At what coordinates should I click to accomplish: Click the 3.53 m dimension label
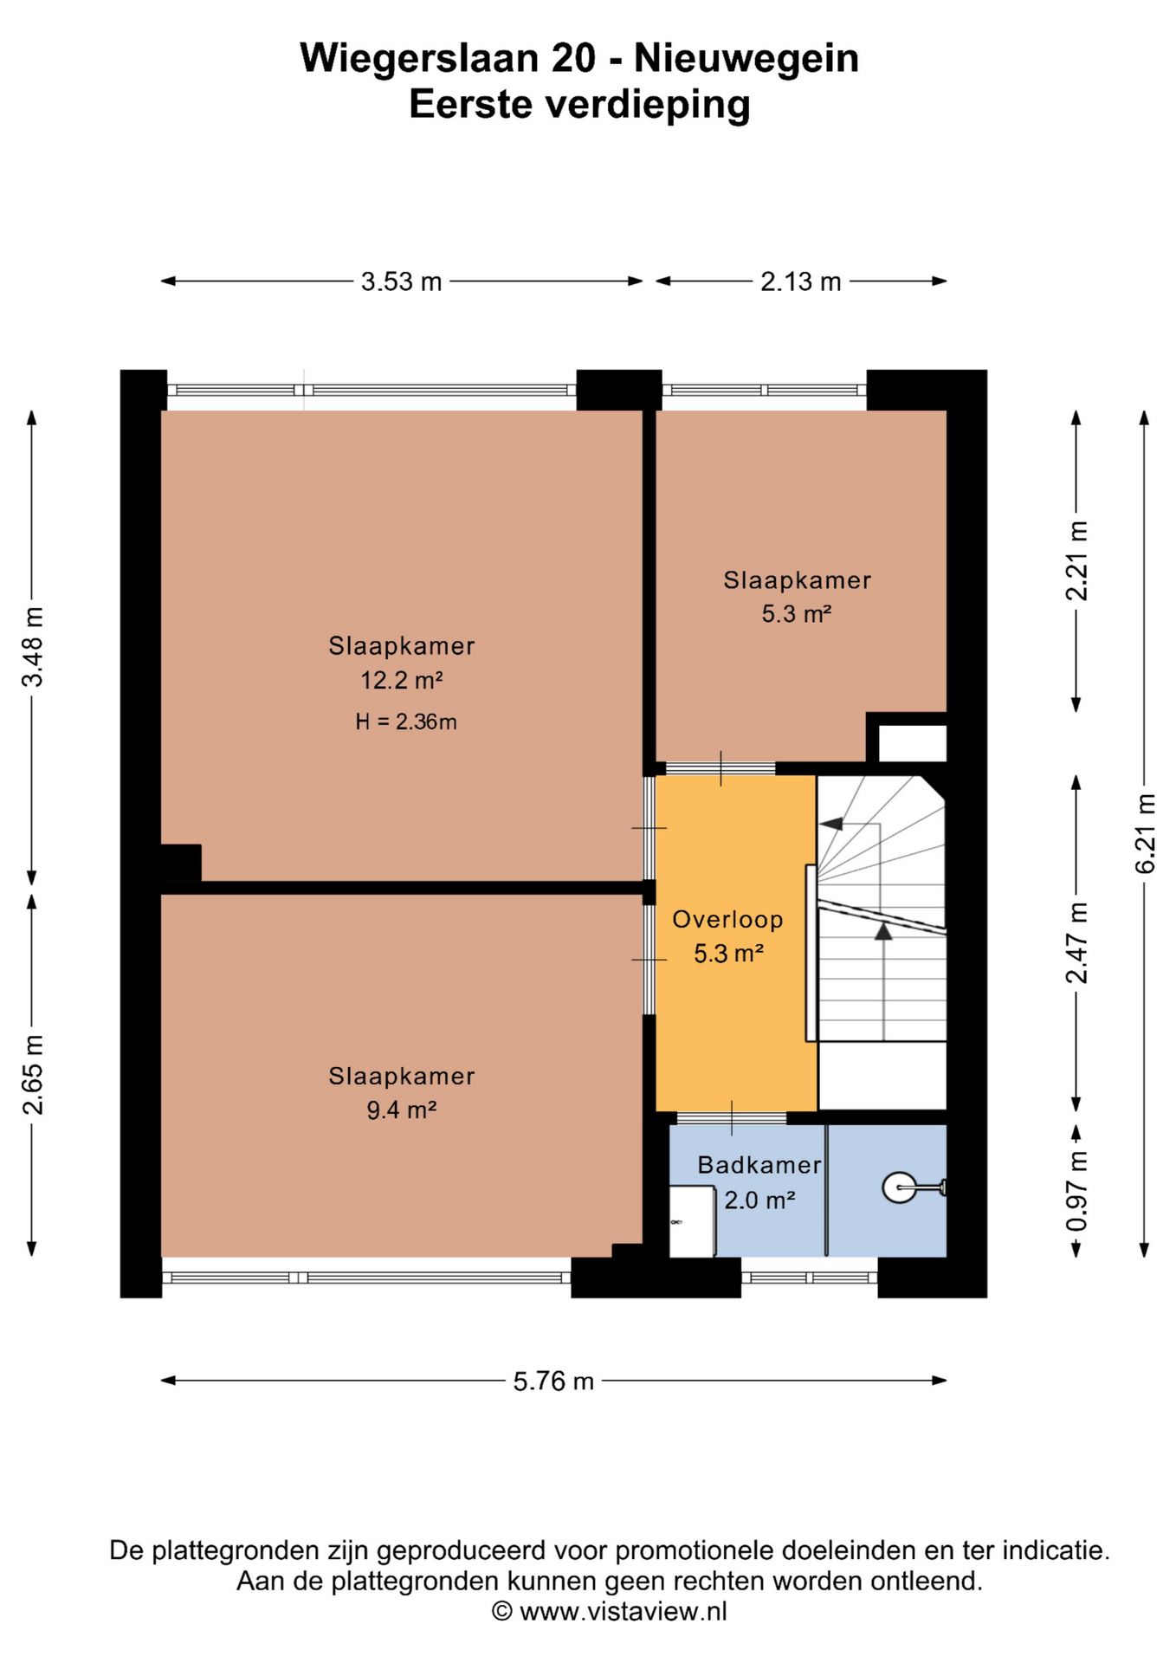402,281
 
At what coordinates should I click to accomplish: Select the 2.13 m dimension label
801,281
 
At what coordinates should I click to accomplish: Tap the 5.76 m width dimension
553,1381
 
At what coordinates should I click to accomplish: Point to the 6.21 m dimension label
1145,833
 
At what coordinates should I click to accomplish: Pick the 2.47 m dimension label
1076,943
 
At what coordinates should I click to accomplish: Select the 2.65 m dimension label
32,1074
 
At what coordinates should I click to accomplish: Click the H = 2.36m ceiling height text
405,721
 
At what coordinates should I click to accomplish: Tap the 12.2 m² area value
402,681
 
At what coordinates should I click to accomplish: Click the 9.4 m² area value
401,1110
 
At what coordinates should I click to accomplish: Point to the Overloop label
727,920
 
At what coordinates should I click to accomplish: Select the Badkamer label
759,1165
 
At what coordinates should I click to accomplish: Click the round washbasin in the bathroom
900,1187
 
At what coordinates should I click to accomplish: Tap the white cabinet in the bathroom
692,1221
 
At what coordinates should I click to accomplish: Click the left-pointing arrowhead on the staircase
831,824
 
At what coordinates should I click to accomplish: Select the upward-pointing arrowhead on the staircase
883,931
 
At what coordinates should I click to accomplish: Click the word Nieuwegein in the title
746,59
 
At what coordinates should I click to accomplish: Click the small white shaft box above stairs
913,744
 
